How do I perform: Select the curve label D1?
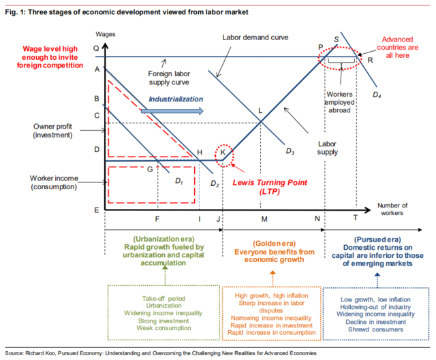pos(179,181)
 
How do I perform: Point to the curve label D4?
pos(376,93)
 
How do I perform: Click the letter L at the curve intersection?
pos(260,111)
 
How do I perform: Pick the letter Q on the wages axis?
pos(96,48)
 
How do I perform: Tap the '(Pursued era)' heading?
pos(376,240)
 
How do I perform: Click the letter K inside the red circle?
pos(223,153)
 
